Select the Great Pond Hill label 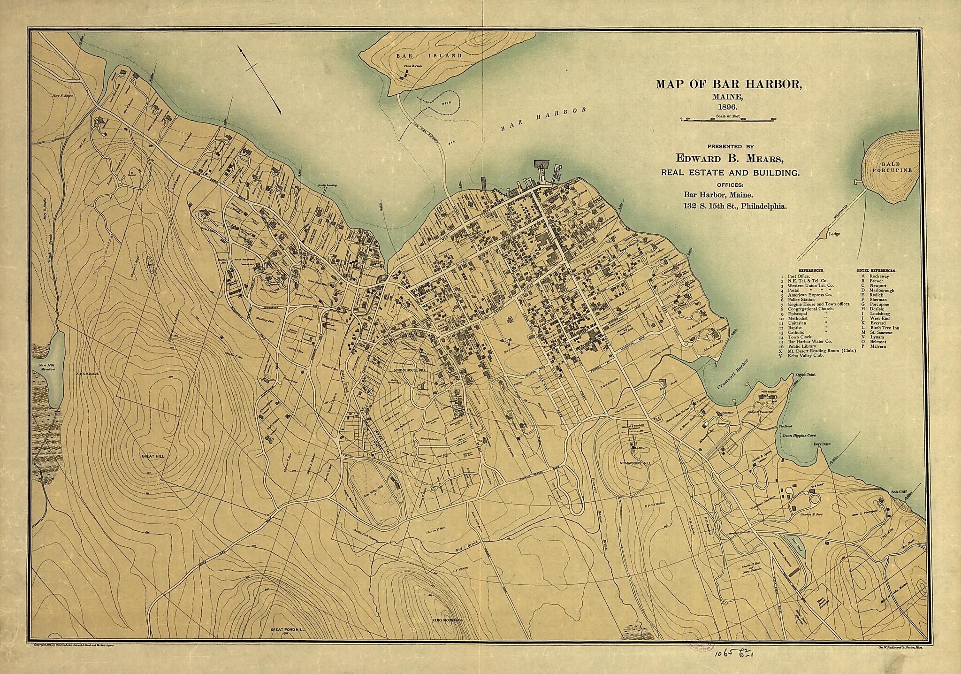tap(287, 630)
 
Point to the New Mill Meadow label tap(47, 368)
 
